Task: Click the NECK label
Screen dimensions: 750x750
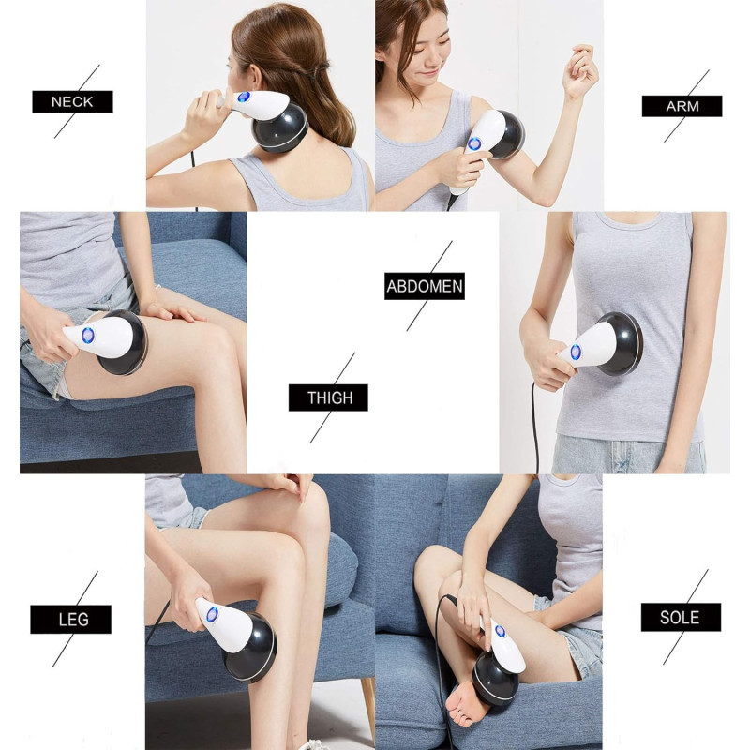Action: tap(73, 101)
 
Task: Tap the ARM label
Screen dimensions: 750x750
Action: tap(682, 106)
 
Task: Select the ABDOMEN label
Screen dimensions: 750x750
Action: tap(425, 287)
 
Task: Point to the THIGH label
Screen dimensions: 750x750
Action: tap(329, 397)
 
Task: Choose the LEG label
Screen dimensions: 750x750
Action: tap(71, 620)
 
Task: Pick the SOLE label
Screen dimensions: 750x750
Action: tap(681, 618)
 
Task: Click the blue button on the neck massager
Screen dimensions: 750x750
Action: tap(244, 97)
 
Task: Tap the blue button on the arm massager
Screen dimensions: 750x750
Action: tap(474, 143)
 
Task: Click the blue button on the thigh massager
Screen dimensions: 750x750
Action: tap(87, 336)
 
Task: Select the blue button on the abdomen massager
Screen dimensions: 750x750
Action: tap(576, 352)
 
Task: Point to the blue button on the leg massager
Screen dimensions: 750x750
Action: tap(212, 615)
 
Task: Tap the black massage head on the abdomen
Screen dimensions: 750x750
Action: tap(622, 344)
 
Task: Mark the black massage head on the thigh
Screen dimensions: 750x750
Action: tap(124, 342)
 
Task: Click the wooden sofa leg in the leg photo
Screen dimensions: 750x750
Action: tap(368, 708)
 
